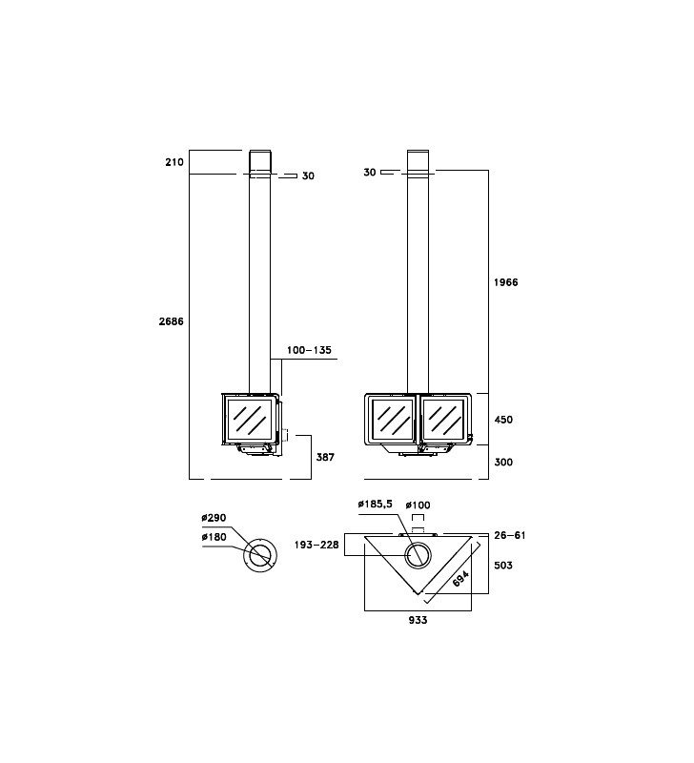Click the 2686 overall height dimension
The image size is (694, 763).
pyautogui.click(x=172, y=321)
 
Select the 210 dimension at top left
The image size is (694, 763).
pyautogui.click(x=174, y=162)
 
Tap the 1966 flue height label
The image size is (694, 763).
pyautogui.click(x=506, y=282)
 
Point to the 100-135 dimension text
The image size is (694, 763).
pyautogui.click(x=309, y=350)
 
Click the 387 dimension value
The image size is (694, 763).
pyautogui.click(x=325, y=457)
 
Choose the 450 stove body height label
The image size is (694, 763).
pyautogui.click(x=503, y=420)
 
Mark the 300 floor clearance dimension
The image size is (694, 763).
pyautogui.click(x=503, y=462)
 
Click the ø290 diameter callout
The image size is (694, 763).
pyautogui.click(x=214, y=518)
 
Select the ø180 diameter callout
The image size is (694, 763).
pyautogui.click(x=214, y=537)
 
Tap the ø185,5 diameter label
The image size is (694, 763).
pyautogui.click(x=375, y=505)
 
